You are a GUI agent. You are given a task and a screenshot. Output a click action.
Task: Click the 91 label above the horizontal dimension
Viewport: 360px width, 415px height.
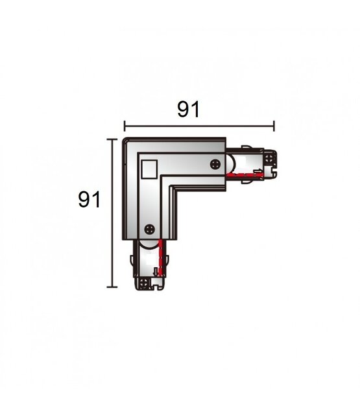point(187,110)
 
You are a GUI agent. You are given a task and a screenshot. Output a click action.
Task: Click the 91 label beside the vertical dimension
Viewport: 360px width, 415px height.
point(89,199)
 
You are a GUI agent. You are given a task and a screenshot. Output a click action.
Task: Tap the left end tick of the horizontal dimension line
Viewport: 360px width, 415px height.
point(125,126)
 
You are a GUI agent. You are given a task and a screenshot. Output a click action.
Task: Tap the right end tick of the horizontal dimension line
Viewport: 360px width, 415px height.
point(274,126)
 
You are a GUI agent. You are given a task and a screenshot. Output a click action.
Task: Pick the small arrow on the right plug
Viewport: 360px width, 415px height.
point(258,172)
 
